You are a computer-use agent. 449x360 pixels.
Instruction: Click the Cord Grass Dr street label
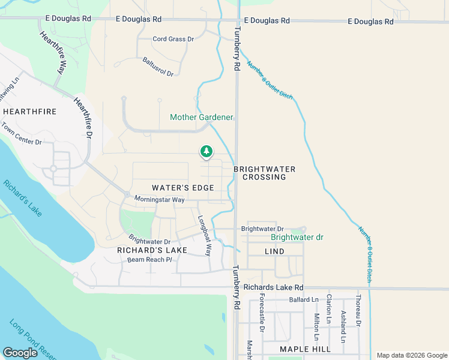tap(173, 39)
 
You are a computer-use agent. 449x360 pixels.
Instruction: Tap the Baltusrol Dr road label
tap(158, 67)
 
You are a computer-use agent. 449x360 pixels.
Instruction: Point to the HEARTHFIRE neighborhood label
tap(29, 112)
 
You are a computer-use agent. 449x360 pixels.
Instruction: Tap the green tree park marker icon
tap(206, 151)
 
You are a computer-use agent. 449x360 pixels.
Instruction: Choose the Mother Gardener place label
tap(201, 117)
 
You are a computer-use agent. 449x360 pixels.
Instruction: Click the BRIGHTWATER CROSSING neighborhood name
tap(264, 173)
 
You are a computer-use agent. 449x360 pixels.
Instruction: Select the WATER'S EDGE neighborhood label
tap(183, 188)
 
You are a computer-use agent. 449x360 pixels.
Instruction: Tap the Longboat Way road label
tap(205, 236)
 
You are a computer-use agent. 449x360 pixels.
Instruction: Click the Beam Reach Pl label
tap(149, 260)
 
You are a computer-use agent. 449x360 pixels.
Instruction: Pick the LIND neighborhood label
tap(274, 251)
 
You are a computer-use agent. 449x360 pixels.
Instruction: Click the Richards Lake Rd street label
tap(274, 288)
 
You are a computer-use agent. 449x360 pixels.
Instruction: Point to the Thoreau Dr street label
tap(358, 310)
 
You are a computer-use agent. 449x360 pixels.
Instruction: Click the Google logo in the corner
tap(20, 353)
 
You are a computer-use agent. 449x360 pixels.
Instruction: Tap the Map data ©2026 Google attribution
tap(411, 355)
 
